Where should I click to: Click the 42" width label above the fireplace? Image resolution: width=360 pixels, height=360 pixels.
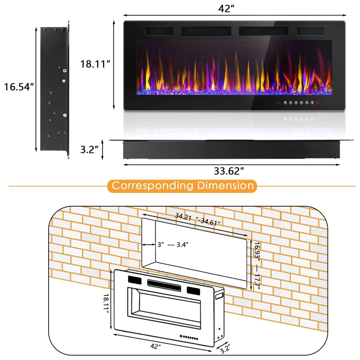coord(226,9)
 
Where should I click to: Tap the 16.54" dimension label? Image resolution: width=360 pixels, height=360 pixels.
coord(19,87)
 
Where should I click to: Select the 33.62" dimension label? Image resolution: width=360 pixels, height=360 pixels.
coord(229,171)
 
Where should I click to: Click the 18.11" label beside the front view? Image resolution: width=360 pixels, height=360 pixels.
coord(95,64)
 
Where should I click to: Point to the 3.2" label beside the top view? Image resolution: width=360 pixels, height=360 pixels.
coord(89,149)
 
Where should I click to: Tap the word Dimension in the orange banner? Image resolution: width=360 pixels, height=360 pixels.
coord(225,185)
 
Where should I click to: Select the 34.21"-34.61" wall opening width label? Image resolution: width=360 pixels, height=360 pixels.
coord(198,219)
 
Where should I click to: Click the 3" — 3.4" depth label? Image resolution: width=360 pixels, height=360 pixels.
coord(173,245)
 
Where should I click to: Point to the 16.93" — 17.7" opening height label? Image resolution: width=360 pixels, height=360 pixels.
coord(257,266)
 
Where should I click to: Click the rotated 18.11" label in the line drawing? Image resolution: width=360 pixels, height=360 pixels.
coord(106,303)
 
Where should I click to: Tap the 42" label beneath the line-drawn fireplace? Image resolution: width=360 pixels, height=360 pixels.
coord(156,346)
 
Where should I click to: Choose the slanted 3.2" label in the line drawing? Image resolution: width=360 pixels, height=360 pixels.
coord(225,349)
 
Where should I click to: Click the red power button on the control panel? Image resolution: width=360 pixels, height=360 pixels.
coord(318,103)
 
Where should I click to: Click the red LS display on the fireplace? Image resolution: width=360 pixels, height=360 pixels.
coord(278,103)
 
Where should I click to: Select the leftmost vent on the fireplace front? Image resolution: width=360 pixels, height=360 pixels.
coord(159,31)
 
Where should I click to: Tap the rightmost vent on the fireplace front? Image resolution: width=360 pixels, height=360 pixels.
coord(310,31)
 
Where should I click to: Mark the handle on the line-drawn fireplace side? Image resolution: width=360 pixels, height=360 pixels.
coord(220,296)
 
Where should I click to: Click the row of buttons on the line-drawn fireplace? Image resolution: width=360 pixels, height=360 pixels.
coord(189,337)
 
